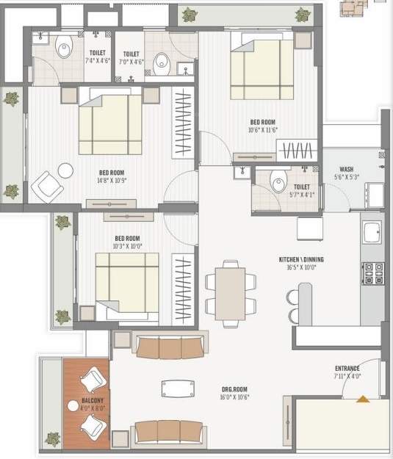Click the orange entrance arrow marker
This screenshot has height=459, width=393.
(x=362, y=399)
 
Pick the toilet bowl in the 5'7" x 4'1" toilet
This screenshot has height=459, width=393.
(x=278, y=181)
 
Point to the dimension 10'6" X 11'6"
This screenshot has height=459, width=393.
(x=263, y=130)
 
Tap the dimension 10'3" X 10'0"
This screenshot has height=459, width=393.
(x=129, y=247)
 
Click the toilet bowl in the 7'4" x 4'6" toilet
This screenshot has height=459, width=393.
(x=64, y=48)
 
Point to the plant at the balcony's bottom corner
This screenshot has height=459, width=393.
(x=52, y=439)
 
